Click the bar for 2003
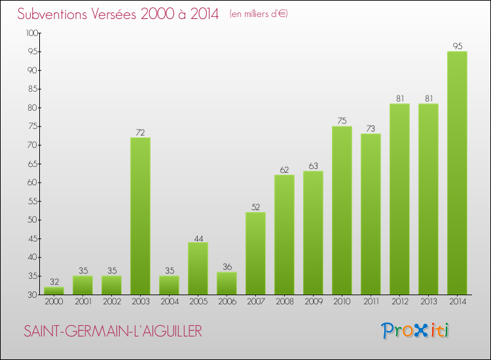pos(140,216)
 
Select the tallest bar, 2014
pos(457,173)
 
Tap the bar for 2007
pos(255,253)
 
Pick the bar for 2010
pos(342,210)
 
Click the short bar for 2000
pos(54,291)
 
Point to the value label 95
pos(457,46)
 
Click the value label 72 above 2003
pos(140,132)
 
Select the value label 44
pos(198,237)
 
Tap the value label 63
pos(313,166)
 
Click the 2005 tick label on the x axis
pos(198,302)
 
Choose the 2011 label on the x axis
pos(371,302)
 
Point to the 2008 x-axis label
pos(284,302)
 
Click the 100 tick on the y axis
pos(31,33)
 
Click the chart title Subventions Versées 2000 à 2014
pos(118,14)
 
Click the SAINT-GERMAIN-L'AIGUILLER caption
pos(113,332)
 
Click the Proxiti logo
pos(416,331)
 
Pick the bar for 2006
pos(227,283)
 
